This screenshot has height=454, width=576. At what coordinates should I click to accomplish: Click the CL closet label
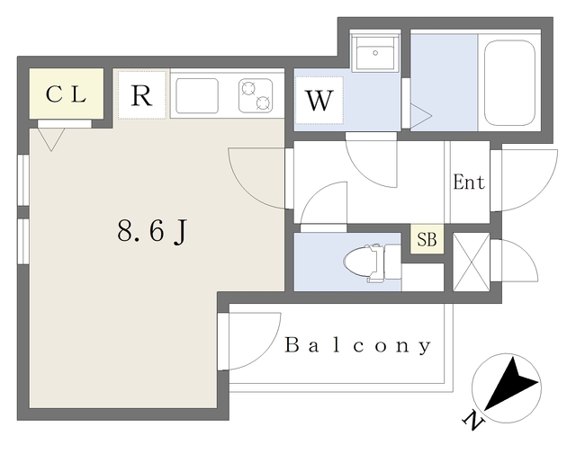pos(66,94)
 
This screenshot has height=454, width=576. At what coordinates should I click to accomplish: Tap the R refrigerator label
pos(141,95)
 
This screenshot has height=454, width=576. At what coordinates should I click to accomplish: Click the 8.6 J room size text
pos(152,231)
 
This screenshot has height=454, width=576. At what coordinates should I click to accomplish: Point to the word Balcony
pos(359,345)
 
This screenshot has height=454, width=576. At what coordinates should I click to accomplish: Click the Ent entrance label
pos(468,182)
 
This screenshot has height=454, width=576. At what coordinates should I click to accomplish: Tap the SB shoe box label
pos(427,241)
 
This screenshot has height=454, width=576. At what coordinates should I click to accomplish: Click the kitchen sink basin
pos(197,95)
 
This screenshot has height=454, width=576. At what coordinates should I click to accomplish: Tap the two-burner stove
pos(256,95)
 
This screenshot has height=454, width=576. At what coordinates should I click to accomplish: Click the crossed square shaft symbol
pos(471,263)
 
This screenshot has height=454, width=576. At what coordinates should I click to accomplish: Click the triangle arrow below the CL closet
pos(50,138)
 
